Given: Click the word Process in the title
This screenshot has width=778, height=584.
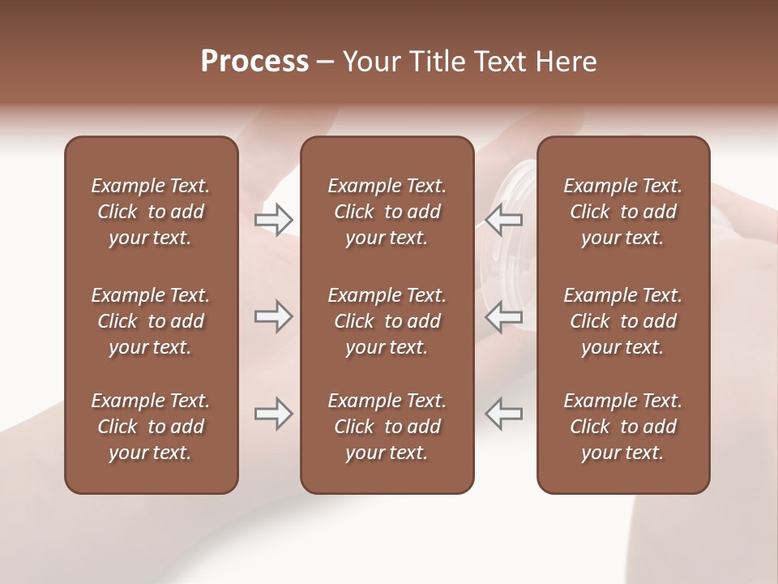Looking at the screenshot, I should pos(254,62).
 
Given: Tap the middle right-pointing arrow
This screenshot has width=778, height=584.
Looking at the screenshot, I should pos(273,316).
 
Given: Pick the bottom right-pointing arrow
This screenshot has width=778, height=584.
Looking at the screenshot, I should pos(273,414).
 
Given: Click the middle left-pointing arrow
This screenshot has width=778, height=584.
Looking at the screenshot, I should pos(504,316).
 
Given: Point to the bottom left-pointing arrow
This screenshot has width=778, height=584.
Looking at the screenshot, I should pos(504,414).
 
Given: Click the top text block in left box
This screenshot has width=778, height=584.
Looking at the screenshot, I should pos(151,212).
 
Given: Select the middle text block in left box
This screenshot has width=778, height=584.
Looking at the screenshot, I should pos(151,321).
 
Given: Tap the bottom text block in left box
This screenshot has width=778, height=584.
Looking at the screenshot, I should pos(151,427).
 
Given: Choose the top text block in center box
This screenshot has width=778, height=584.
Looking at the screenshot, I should pos(387,212).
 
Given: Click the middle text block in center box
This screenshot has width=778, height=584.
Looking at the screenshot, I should pos(387,321).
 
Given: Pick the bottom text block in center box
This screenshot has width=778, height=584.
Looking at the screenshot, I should pos(387,427).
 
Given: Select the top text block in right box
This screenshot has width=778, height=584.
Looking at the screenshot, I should pos(622,212).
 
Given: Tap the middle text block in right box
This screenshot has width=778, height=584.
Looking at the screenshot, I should pos(622,321).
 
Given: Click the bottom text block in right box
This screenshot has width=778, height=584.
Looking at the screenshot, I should pos(622,427).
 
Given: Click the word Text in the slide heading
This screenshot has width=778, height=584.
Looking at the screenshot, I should pos(498,62).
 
